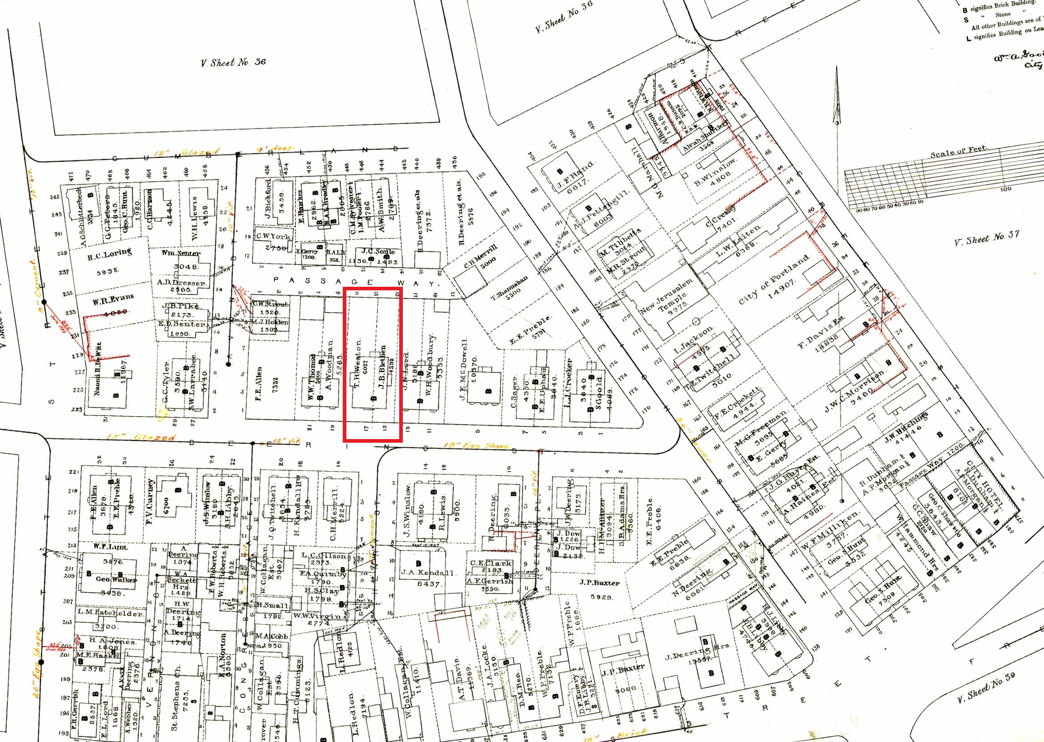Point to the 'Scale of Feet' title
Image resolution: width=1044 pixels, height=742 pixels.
coord(958,151)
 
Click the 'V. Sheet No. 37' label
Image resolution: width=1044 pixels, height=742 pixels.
coord(987,238)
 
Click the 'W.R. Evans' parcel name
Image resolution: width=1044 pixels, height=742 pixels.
coord(113,300)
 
